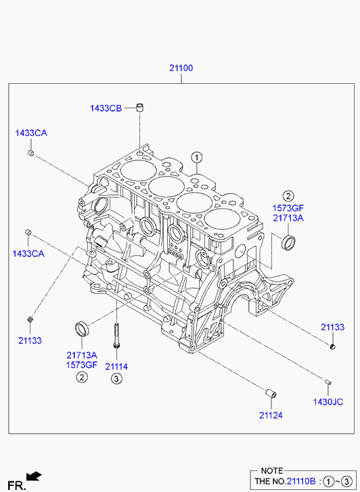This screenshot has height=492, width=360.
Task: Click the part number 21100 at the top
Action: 181,68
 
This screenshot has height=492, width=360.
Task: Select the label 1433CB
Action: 106,108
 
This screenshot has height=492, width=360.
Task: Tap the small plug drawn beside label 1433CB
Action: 140,108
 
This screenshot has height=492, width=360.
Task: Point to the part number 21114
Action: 116,366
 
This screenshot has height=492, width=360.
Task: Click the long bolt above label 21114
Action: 116,336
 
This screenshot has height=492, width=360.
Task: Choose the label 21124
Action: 271,415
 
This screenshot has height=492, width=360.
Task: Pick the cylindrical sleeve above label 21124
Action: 271,393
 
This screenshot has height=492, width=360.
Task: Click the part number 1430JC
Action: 328,402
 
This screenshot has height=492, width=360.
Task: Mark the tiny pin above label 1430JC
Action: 328,382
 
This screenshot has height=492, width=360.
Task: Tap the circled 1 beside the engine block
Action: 197,157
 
